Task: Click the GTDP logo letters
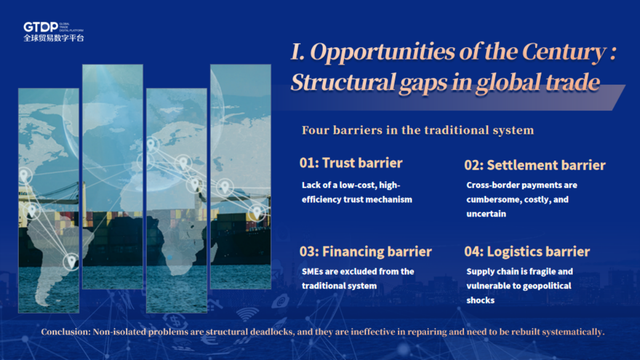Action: pyautogui.click(x=41, y=27)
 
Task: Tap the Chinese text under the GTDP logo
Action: pyautogui.click(x=54, y=38)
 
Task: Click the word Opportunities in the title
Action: pyautogui.click(x=382, y=52)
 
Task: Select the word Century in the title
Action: pyautogui.click(x=564, y=52)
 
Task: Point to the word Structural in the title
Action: pyautogui.click(x=343, y=82)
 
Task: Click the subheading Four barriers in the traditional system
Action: pyautogui.click(x=418, y=130)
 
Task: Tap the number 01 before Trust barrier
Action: pyautogui.click(x=307, y=163)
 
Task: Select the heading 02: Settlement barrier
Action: pyautogui.click(x=535, y=165)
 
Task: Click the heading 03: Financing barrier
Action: pyautogui.click(x=365, y=252)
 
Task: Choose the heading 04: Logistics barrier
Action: pyautogui.click(x=527, y=252)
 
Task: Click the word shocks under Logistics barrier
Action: pyautogui.click(x=481, y=300)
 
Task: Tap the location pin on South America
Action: pyautogui.click(x=71, y=262)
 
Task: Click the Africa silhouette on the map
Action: pyautogui.click(x=177, y=243)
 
